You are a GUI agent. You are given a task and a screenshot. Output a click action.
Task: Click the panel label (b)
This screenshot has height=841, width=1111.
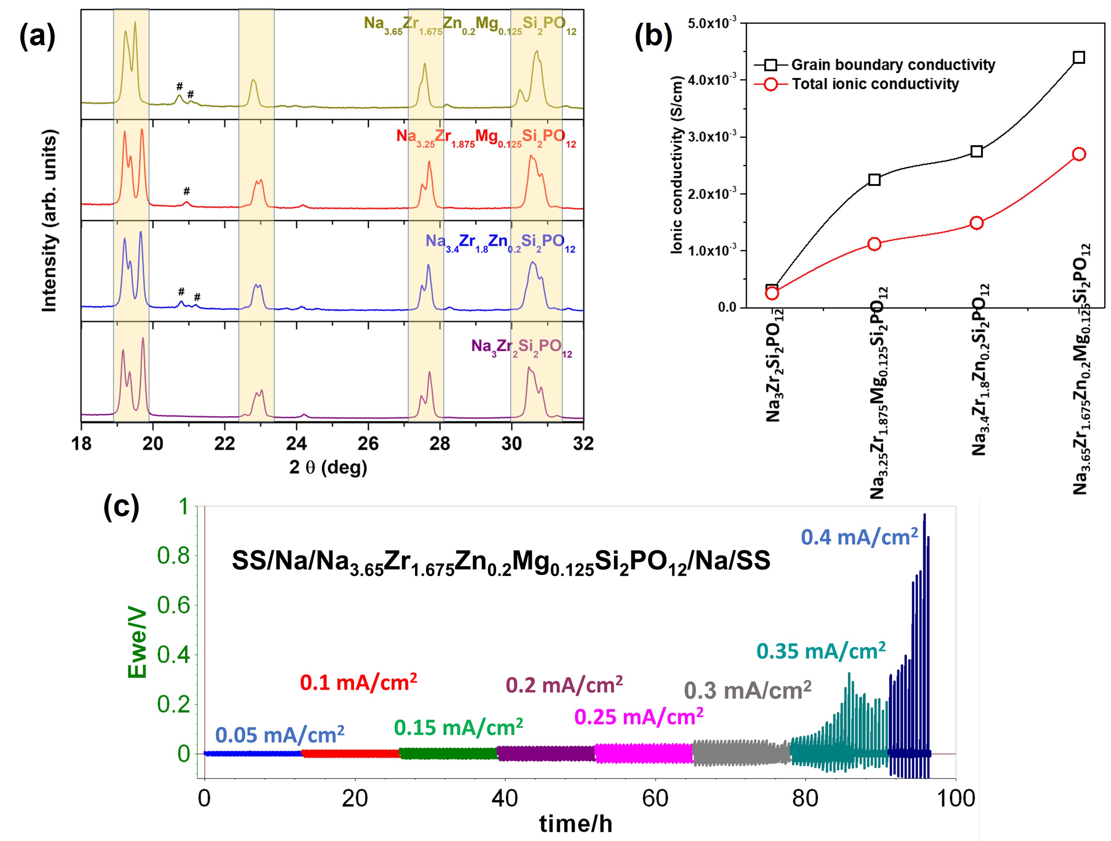(x=653, y=37)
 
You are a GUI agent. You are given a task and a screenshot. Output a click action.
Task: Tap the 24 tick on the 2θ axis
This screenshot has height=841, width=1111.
(x=296, y=444)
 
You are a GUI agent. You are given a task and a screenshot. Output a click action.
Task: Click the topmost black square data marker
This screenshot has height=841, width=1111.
(x=1078, y=57)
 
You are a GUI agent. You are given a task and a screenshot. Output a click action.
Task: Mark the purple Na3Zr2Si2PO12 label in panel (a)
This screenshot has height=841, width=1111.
(x=521, y=347)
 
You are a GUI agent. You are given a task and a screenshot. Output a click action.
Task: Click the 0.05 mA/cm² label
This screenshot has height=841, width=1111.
(x=280, y=735)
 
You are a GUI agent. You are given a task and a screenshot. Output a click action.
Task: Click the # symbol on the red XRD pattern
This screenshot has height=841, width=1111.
(x=187, y=191)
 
